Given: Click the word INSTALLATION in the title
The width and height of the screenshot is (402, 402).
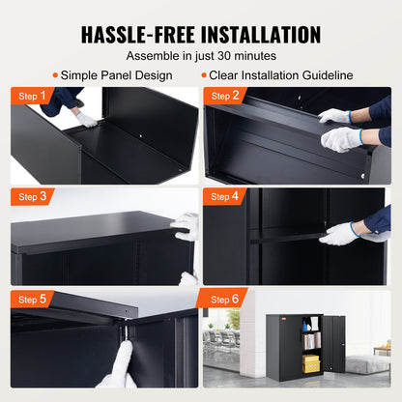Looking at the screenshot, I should pyautogui.click(x=259, y=35).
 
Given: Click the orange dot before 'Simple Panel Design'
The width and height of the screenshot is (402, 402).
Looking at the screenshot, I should pyautogui.click(x=54, y=75).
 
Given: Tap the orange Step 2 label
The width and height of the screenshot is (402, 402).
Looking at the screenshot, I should pyautogui.click(x=224, y=96).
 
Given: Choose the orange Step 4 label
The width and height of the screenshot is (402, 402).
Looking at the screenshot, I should pyautogui.click(x=224, y=196).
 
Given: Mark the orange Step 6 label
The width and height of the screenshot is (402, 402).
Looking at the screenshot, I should pyautogui.click(x=224, y=299).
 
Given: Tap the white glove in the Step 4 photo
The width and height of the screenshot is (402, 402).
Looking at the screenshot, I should pyautogui.click(x=340, y=234).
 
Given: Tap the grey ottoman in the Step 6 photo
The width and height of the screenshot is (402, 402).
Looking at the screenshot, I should pyautogui.click(x=368, y=363).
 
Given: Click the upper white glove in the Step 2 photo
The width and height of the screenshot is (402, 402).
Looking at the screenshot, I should pyautogui.click(x=335, y=116).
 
